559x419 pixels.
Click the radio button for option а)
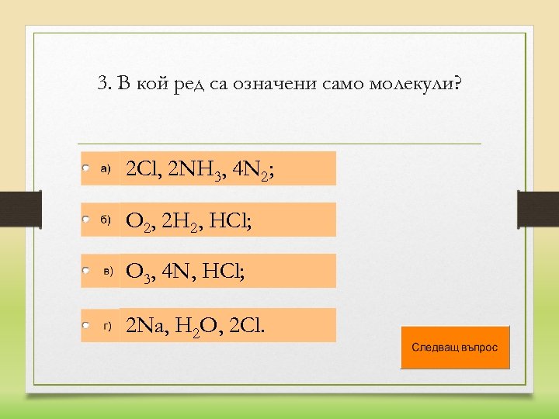coord(85,168)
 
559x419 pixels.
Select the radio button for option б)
coord(85,220)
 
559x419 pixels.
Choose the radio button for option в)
coord(85,271)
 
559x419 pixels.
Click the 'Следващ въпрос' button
coord(455,347)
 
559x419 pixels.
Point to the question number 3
coord(104,84)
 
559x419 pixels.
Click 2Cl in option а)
coord(141,168)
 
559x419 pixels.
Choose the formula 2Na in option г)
coord(146,325)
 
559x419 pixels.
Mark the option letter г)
coord(109,326)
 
